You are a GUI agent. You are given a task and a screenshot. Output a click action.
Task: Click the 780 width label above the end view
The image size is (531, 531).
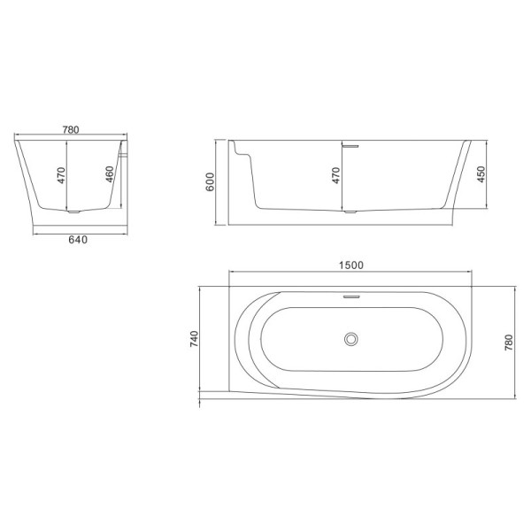click(x=72, y=129)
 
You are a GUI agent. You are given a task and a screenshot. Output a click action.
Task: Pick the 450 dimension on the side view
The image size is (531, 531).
click(x=481, y=173)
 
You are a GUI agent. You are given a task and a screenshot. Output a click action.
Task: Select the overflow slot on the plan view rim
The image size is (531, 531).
click(x=352, y=296)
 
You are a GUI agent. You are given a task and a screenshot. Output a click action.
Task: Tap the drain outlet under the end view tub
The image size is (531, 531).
click(x=76, y=212)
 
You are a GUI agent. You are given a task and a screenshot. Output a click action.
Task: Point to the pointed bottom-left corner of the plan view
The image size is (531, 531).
click(x=204, y=390)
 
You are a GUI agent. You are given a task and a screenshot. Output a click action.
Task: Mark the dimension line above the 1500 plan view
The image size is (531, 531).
click(x=352, y=273)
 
